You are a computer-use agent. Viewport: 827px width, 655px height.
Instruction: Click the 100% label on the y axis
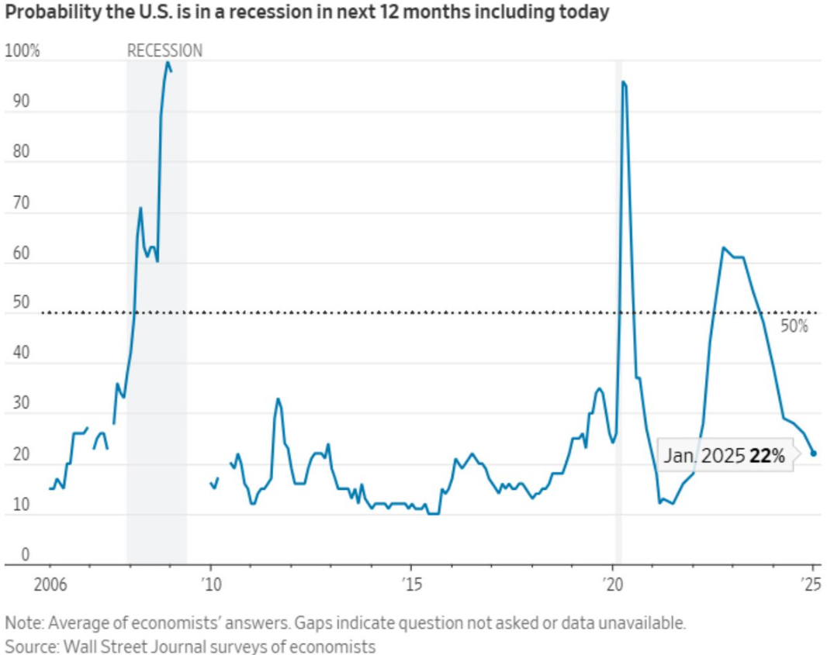(x=22, y=51)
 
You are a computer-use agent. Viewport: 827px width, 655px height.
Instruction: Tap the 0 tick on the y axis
(x=25, y=554)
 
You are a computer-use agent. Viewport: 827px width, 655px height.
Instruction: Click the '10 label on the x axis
(x=210, y=581)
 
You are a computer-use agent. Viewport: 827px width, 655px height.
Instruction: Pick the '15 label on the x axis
(x=411, y=581)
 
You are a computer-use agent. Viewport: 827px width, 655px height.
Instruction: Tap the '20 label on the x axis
(x=612, y=581)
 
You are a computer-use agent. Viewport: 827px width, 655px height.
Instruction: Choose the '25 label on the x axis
(x=811, y=581)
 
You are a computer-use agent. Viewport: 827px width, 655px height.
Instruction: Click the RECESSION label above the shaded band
(x=164, y=51)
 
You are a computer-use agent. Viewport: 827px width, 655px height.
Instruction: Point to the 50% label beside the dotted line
(x=794, y=326)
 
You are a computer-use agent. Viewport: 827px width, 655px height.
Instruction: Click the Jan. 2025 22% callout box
(x=724, y=456)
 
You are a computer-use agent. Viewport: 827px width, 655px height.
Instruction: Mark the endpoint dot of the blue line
(x=813, y=453)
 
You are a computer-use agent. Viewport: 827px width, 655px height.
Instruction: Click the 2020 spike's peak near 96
(x=622, y=82)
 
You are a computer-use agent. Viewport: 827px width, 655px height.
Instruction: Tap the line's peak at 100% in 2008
(x=167, y=63)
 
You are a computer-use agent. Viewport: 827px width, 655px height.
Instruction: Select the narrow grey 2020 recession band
(x=618, y=310)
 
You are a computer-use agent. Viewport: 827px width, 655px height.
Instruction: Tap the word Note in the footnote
(x=22, y=622)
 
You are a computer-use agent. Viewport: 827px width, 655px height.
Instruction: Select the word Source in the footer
(x=27, y=645)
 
